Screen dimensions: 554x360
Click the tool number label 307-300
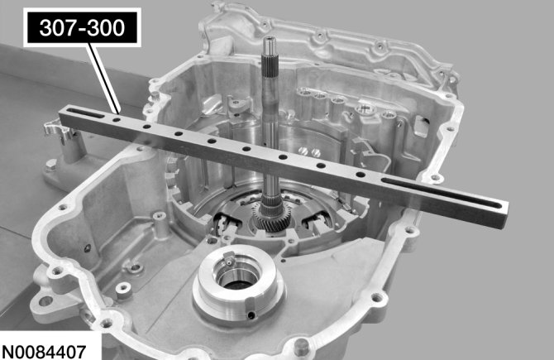82,27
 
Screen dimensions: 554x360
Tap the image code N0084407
44,352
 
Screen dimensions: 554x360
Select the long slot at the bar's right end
442,194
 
